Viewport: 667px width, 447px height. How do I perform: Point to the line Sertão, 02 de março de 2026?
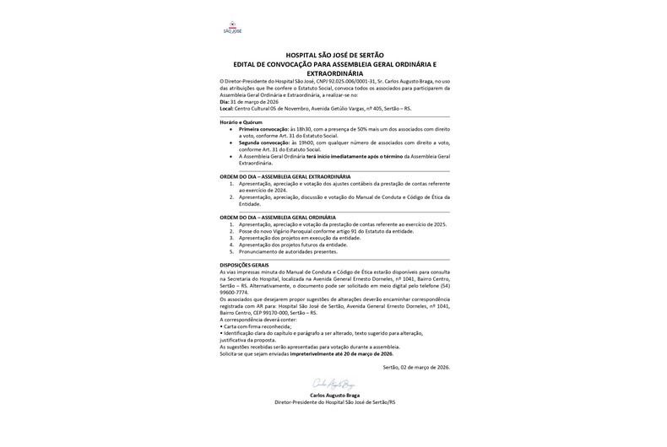(415, 367)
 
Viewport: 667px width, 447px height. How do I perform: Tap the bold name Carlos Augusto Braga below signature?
(333, 396)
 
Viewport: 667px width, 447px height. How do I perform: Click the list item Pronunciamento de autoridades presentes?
(288, 251)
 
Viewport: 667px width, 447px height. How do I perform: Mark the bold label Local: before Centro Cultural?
(225, 109)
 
